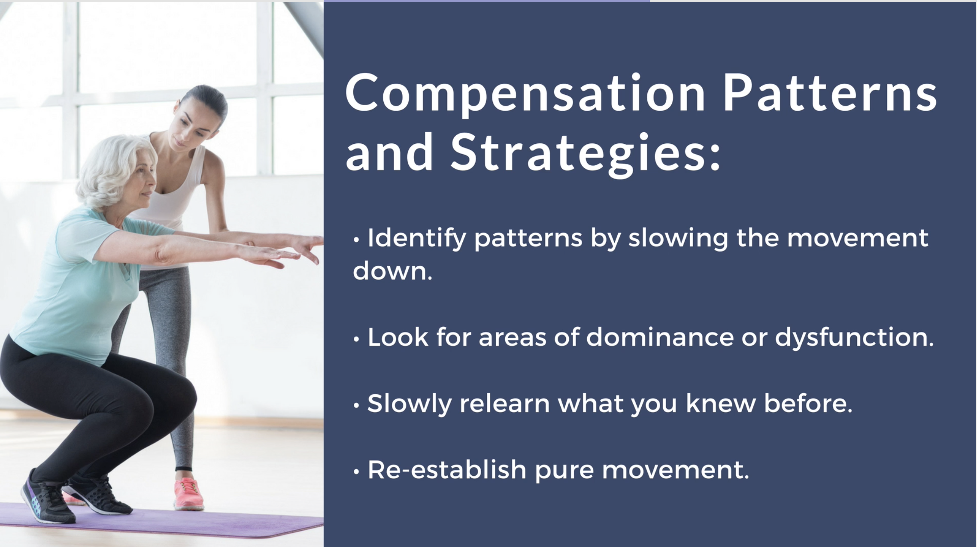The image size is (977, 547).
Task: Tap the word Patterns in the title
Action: coord(830,92)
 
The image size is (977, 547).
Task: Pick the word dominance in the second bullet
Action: coord(660,337)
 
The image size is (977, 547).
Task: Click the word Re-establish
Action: coord(447,470)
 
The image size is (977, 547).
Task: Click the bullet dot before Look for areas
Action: coord(356,339)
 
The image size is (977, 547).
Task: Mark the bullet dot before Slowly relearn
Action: coord(356,405)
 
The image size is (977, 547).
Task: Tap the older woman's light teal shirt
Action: coord(77,283)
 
